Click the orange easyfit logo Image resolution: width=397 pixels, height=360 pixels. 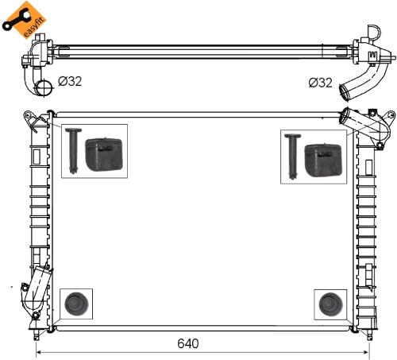[x=25, y=19]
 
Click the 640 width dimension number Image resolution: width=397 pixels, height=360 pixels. [x=188, y=343]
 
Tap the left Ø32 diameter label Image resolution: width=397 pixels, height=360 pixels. [x=70, y=81]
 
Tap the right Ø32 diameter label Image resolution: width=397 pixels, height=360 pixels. [x=320, y=83]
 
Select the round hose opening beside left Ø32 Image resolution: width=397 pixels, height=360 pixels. [x=44, y=87]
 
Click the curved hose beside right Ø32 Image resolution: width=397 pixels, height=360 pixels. [x=363, y=79]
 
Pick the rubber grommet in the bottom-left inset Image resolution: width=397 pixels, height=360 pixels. [x=76, y=304]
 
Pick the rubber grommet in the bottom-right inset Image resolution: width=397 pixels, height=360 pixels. [x=330, y=304]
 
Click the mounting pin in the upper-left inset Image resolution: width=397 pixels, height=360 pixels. [x=73, y=150]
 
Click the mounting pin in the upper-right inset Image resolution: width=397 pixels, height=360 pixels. [x=292, y=157]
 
